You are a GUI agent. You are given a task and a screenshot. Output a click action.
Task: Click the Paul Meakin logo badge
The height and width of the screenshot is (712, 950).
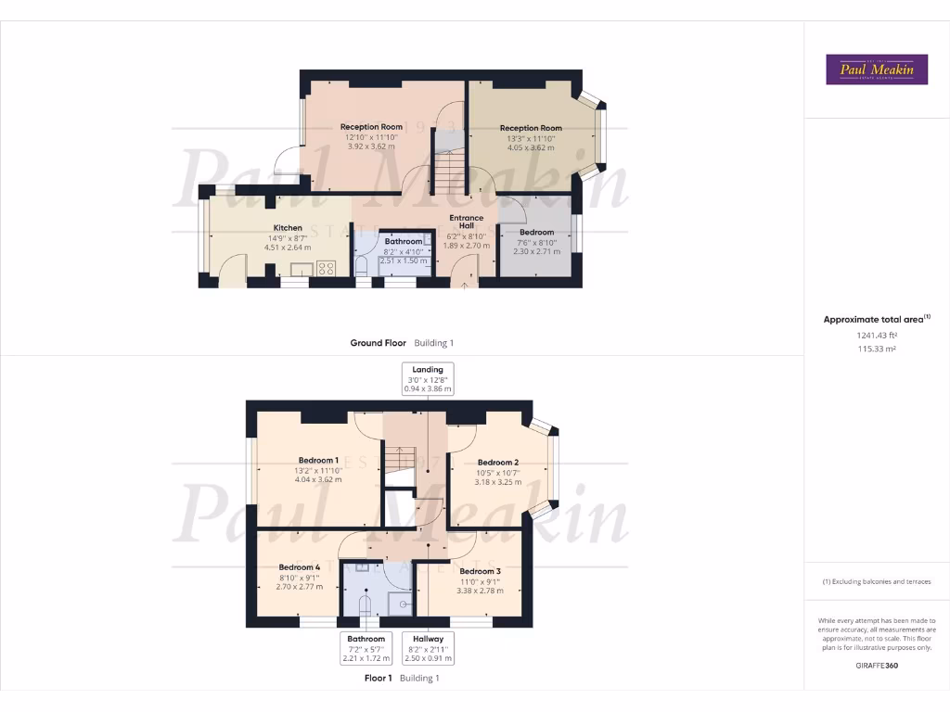(x=877, y=70)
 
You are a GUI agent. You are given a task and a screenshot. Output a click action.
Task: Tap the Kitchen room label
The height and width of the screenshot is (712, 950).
(x=288, y=228)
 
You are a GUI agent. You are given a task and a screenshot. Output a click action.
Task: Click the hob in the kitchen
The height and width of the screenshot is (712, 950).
(x=327, y=268)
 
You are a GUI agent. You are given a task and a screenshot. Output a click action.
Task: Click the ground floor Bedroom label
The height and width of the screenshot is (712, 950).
(x=536, y=233)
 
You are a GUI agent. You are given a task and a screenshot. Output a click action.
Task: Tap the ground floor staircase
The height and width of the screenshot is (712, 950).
(x=449, y=172)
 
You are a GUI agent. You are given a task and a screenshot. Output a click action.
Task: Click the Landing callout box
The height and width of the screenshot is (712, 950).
(x=428, y=379)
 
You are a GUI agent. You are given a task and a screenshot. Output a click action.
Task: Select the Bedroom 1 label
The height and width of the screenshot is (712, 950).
(x=318, y=460)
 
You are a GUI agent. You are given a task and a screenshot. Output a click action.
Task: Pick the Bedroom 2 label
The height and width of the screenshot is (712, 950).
(x=497, y=462)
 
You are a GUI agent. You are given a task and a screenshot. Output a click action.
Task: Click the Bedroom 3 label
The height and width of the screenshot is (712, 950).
(x=480, y=571)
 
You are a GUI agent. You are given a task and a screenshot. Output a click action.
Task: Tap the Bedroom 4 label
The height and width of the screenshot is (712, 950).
(x=300, y=567)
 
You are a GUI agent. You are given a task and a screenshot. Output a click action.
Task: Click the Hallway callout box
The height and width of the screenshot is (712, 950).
(x=428, y=648)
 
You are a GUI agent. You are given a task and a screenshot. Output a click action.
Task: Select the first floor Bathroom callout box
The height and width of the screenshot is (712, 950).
(x=366, y=648)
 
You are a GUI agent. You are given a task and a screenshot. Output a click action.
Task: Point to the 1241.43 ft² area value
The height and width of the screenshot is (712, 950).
(x=877, y=336)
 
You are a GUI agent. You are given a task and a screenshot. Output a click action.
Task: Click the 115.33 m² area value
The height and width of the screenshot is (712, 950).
(x=877, y=350)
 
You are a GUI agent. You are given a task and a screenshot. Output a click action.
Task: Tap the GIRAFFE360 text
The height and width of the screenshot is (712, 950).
(x=877, y=665)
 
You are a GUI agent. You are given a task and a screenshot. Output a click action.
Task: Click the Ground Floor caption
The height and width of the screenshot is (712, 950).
(x=378, y=343)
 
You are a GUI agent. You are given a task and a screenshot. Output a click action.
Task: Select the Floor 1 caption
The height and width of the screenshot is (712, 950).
(x=378, y=678)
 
